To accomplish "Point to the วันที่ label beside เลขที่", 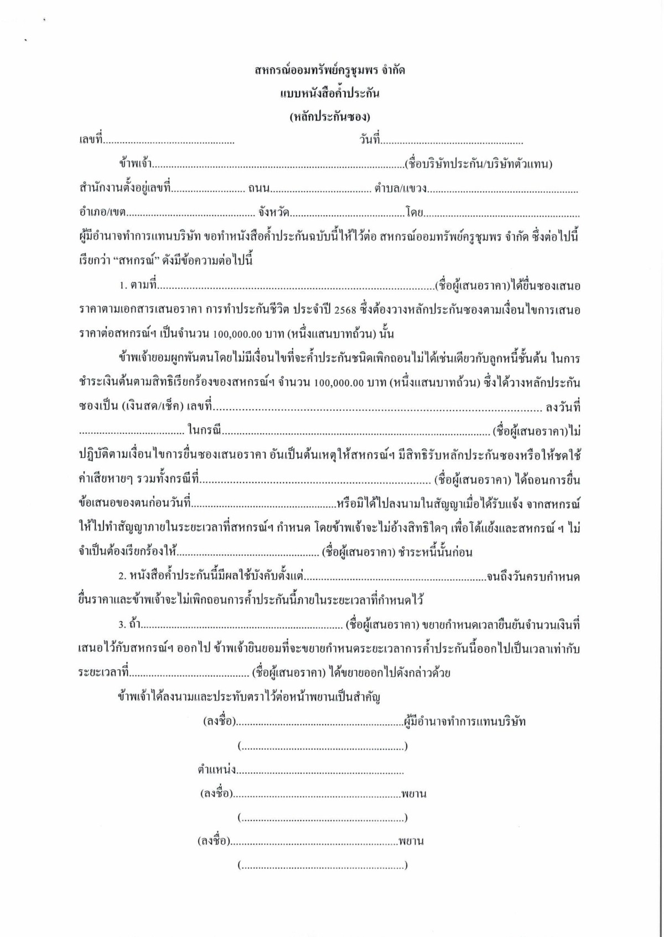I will (x=369, y=140).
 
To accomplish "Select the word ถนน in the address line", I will (x=258, y=189).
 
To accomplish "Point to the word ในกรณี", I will (x=204, y=431).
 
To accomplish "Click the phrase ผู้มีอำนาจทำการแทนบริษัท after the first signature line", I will (x=465, y=722).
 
